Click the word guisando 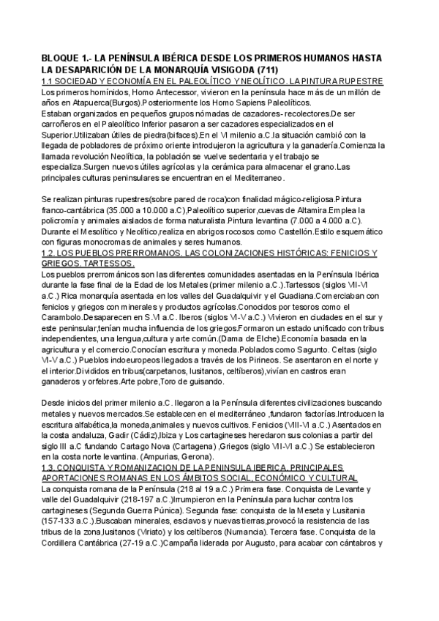203,381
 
